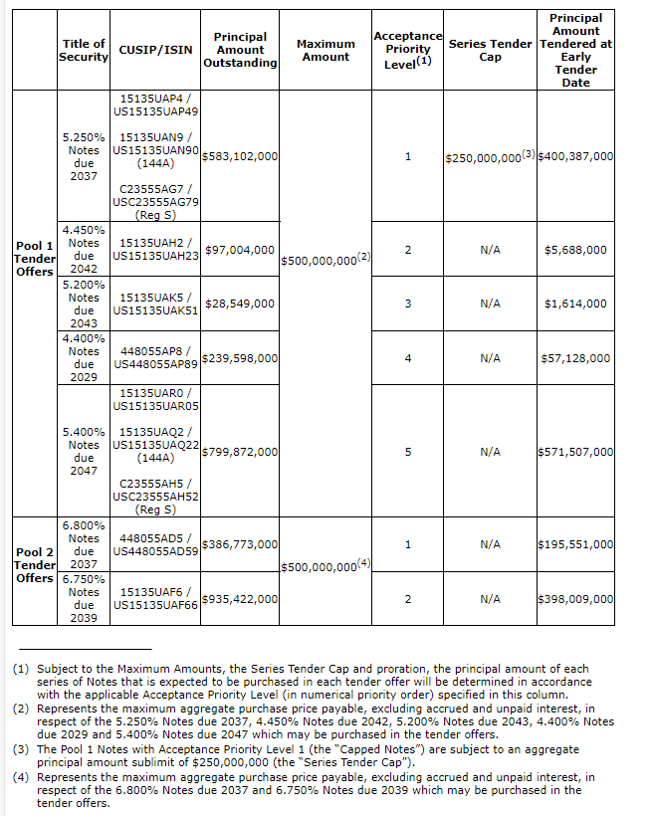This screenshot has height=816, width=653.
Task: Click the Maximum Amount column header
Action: [x=326, y=51]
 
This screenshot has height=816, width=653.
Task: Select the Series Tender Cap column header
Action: [x=490, y=51]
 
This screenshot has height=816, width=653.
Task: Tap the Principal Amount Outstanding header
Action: [x=240, y=50]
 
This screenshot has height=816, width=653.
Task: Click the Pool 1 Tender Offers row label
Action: [x=34, y=259]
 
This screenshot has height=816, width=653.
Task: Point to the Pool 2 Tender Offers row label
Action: [x=34, y=564]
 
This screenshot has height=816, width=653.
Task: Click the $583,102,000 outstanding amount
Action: [x=240, y=156]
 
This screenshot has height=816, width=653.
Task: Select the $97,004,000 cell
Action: [x=240, y=250]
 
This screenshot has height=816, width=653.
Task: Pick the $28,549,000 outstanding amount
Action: [x=240, y=304]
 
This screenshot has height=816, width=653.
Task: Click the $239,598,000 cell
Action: [x=240, y=358]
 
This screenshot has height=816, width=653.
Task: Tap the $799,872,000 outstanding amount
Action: [x=240, y=452]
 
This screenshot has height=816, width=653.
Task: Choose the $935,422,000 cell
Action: [x=240, y=599]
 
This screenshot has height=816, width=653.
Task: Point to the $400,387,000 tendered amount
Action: [x=575, y=157]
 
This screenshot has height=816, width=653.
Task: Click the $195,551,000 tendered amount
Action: [x=575, y=545]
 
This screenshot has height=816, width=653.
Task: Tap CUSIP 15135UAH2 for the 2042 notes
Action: [x=156, y=242]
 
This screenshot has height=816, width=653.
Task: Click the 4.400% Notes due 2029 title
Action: [x=84, y=358]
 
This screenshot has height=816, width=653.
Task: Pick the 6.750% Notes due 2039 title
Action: [x=84, y=598]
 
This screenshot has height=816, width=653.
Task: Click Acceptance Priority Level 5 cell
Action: [x=408, y=452]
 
